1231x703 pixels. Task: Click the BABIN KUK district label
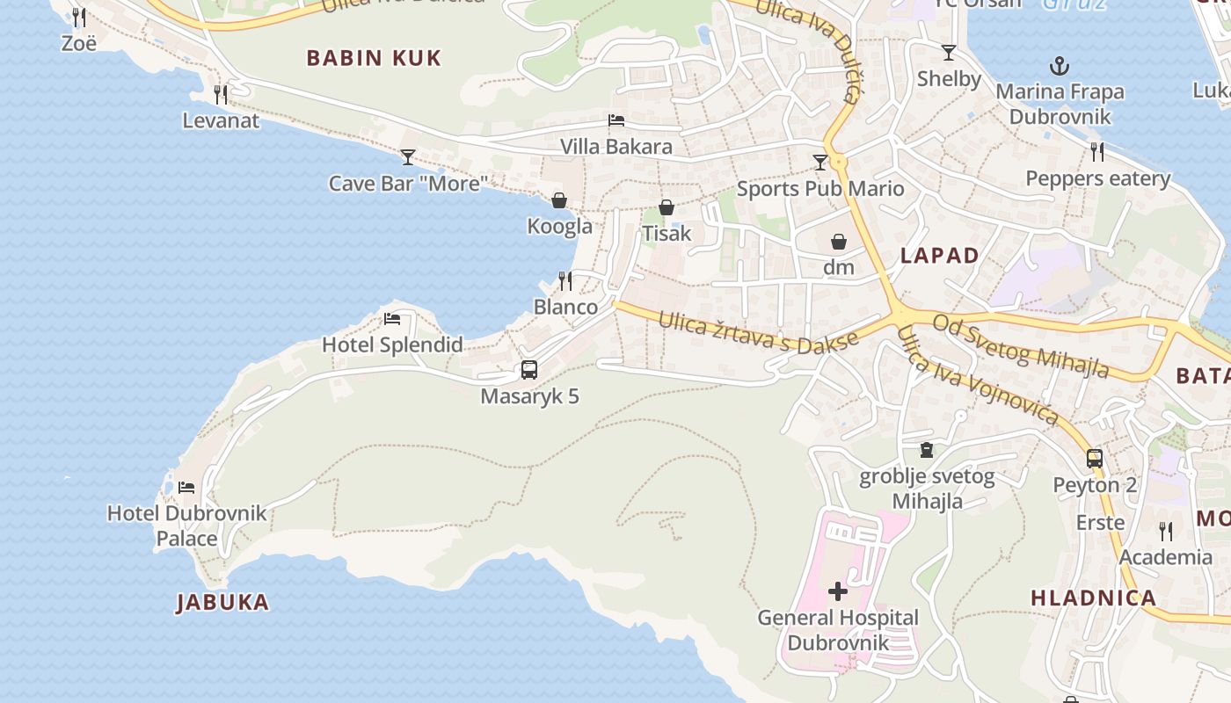(374, 59)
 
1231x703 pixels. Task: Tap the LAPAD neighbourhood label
(940, 256)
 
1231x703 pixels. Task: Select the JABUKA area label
(223, 603)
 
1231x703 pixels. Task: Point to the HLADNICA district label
(1094, 598)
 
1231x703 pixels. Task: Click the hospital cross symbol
(838, 591)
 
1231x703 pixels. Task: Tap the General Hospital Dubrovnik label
(838, 630)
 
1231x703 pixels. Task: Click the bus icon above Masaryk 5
(529, 370)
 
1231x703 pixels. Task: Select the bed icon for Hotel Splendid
(392, 318)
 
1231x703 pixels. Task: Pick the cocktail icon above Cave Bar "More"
(408, 157)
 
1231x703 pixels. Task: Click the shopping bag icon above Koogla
(559, 200)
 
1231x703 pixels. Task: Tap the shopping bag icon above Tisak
(666, 207)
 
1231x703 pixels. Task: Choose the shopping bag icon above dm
(839, 241)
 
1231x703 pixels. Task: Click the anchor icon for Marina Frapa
(1060, 66)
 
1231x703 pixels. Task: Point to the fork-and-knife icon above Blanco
(565, 281)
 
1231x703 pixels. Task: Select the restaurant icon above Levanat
(221, 94)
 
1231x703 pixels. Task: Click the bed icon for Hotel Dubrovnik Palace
(186, 487)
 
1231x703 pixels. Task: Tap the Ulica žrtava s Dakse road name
(758, 332)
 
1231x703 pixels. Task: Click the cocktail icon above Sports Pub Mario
(820, 162)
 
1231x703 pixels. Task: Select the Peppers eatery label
(1098, 179)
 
